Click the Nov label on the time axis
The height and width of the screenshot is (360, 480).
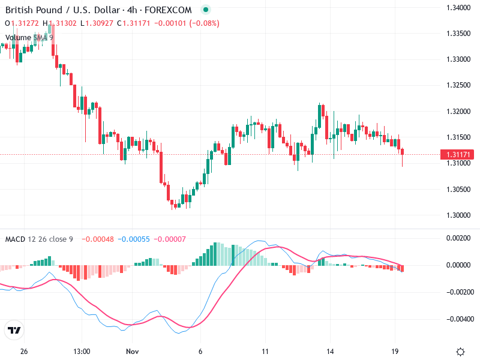click(x=133, y=352)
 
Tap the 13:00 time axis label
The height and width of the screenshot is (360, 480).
click(x=81, y=352)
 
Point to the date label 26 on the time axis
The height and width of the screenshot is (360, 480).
click(x=24, y=352)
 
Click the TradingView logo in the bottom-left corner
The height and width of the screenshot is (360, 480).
click(x=14, y=331)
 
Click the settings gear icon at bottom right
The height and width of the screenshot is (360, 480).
click(x=460, y=352)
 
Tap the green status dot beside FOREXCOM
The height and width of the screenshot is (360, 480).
click(x=206, y=10)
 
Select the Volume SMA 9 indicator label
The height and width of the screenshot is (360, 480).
click(x=29, y=37)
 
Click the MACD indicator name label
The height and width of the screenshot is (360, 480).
click(x=15, y=239)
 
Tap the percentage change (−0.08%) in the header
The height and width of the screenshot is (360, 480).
click(x=205, y=23)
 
